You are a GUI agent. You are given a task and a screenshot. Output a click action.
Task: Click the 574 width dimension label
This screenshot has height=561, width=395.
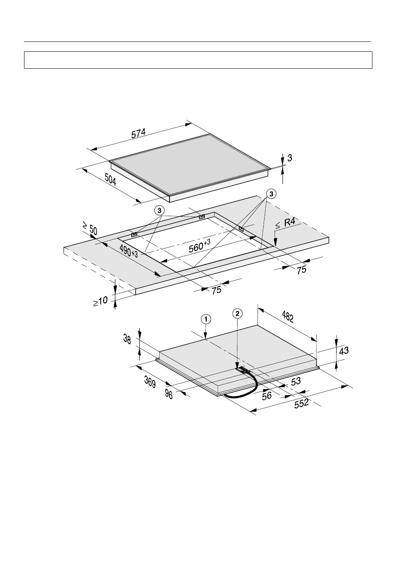tap(138, 133)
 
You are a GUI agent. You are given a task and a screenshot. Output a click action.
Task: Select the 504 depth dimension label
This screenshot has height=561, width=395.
tap(111, 179)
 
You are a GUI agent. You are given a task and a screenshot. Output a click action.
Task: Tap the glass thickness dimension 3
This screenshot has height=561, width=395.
tap(290, 158)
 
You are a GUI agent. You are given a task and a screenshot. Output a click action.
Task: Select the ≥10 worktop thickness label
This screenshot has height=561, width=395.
tap(100, 301)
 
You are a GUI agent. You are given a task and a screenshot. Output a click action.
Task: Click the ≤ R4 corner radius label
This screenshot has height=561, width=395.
tap(285, 224)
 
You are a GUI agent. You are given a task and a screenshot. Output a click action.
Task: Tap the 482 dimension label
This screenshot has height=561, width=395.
tap(288, 317)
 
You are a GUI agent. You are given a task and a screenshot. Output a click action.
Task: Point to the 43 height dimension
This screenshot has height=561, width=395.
tap(344, 350)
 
